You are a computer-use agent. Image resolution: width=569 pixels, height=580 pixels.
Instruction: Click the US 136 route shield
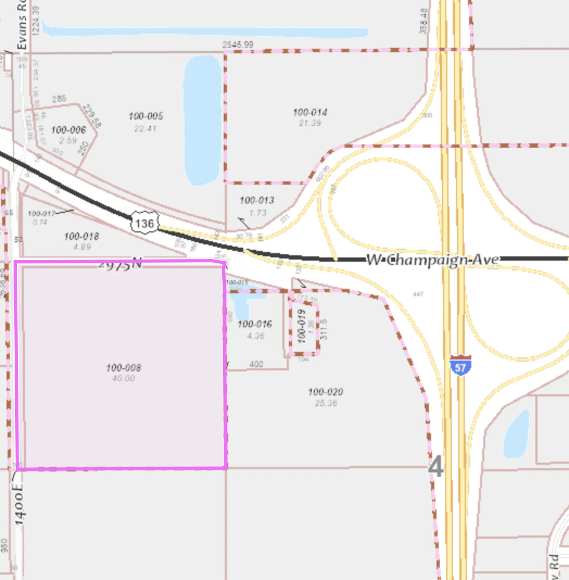point(145,222)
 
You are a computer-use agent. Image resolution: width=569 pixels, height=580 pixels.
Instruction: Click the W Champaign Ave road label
point(433,260)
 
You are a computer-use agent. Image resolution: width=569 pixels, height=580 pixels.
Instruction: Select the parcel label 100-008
point(123,368)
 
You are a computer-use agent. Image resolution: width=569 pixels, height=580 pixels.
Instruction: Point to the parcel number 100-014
point(310,112)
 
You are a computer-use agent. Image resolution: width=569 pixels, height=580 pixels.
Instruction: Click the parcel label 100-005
point(146,116)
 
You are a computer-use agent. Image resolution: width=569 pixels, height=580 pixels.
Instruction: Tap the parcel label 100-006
point(68,130)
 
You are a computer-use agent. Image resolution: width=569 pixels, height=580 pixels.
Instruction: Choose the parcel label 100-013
point(257,200)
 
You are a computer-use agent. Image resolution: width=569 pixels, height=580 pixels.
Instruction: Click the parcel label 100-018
point(81,236)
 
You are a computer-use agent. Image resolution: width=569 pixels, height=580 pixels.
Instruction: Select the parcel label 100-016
point(255,325)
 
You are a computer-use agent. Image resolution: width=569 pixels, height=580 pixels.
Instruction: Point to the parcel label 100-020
point(325,392)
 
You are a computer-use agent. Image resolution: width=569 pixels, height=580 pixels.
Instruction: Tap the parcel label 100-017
point(42,213)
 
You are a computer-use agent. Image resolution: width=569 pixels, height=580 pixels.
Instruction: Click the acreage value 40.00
point(123,379)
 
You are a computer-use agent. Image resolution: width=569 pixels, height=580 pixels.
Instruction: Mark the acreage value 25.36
point(325,404)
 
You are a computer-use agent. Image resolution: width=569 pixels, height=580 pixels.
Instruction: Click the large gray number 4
point(435,467)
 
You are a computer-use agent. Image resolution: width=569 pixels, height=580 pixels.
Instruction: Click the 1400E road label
point(20,506)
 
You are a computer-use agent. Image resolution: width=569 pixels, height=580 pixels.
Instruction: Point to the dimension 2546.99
point(237,45)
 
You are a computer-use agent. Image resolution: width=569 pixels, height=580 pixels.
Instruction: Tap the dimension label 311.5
point(324,329)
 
